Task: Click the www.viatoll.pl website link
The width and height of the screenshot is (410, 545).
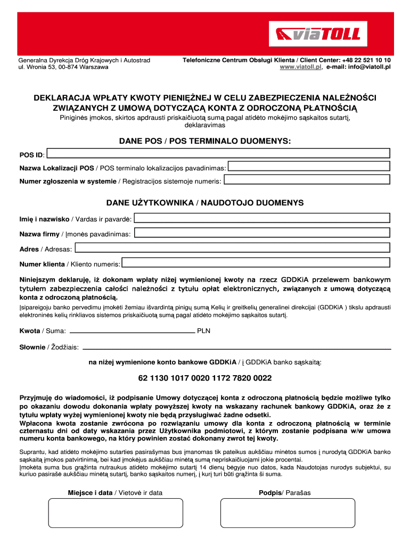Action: pos(301,68)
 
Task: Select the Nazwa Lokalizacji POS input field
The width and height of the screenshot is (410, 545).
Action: pos(309,167)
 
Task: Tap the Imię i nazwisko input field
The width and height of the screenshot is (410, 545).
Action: pos(262,218)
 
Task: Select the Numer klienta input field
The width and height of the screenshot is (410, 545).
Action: pos(256,263)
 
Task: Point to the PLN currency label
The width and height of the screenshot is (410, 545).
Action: pos(204,331)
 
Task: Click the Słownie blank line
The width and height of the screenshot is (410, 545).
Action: pos(236,347)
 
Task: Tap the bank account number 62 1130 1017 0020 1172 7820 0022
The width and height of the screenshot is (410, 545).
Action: pos(205,378)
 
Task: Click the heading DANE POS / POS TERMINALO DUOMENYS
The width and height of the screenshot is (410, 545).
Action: pos(205,141)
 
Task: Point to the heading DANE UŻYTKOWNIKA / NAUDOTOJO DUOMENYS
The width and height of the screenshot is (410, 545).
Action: pos(205,203)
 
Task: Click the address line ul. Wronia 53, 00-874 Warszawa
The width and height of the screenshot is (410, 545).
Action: pos(64,68)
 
